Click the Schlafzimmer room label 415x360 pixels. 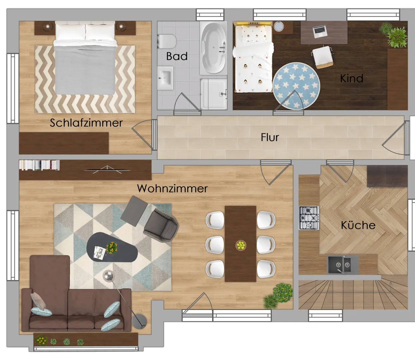86,123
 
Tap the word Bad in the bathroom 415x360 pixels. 177,56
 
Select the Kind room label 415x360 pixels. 352,78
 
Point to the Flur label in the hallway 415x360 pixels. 270,137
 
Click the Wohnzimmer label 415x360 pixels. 172,188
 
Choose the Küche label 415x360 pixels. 358,225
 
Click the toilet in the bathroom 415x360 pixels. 167,41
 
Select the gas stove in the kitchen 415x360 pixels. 309,218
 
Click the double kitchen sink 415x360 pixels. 343,265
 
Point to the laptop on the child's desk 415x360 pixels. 320,31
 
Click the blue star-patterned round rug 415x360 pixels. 296,86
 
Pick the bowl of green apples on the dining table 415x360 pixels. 241,245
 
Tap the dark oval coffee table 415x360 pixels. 112,247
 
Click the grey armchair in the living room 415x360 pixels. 161,225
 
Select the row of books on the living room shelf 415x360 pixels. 39,165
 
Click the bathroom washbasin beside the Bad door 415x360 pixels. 165,78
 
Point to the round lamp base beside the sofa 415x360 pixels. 139,321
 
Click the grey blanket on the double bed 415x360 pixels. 85,70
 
